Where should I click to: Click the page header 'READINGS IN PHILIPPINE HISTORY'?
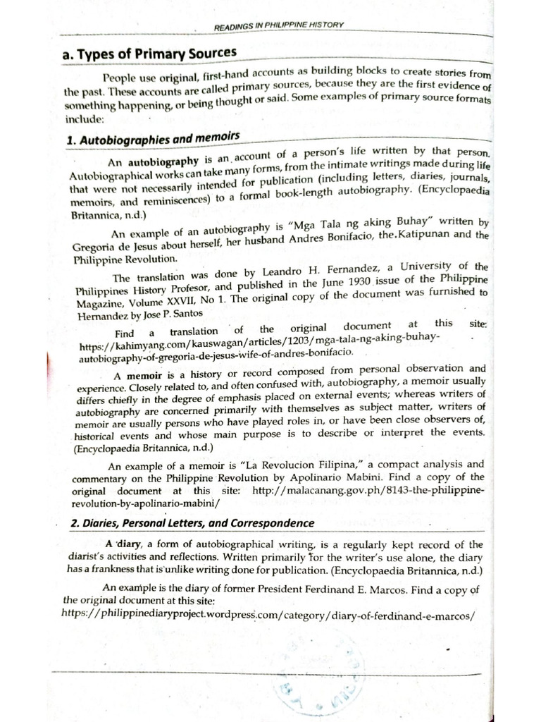pyautogui.click(x=278, y=27)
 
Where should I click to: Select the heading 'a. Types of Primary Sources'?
pyautogui.click(x=150, y=54)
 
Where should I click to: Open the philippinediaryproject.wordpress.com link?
pyautogui.click(x=268, y=614)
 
